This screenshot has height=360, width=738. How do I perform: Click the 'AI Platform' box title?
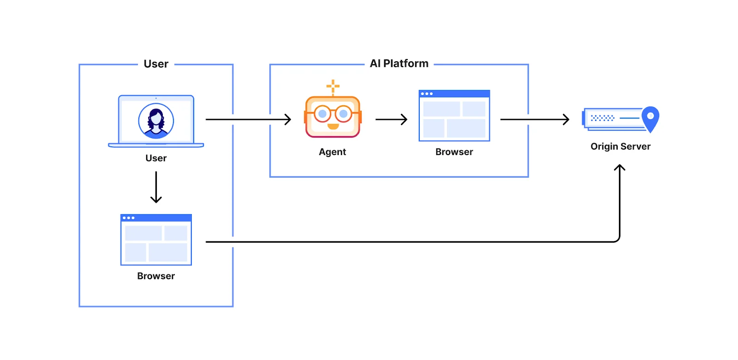pyautogui.click(x=399, y=64)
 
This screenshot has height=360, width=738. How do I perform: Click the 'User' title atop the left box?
pyautogui.click(x=156, y=64)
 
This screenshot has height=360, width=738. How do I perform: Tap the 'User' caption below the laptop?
pyautogui.click(x=156, y=158)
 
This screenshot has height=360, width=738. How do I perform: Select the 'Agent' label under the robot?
pyautogui.click(x=332, y=152)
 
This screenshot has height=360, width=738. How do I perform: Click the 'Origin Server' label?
pyautogui.click(x=620, y=146)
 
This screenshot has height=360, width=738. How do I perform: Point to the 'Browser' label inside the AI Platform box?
pyautogui.click(x=454, y=152)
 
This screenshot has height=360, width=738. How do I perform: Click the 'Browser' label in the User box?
pyautogui.click(x=156, y=276)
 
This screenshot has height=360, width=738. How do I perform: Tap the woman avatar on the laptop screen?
pyautogui.click(x=156, y=121)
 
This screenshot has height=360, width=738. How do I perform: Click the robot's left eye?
pyautogui.click(x=322, y=114)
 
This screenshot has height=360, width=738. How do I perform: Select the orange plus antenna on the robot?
pyautogui.click(x=333, y=86)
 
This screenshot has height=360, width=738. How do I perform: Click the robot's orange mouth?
pyautogui.click(x=333, y=126)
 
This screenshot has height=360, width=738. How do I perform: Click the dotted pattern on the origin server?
pyautogui.click(x=602, y=118)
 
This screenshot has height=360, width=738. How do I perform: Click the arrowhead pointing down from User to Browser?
pyautogui.click(x=156, y=200)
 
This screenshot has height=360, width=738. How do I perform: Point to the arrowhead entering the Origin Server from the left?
pyautogui.click(x=566, y=120)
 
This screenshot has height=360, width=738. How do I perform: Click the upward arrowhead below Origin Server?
pyautogui.click(x=619, y=168)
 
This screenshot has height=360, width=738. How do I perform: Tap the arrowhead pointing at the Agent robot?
pyautogui.click(x=288, y=120)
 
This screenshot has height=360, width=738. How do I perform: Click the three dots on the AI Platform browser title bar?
pyautogui.click(x=427, y=94)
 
